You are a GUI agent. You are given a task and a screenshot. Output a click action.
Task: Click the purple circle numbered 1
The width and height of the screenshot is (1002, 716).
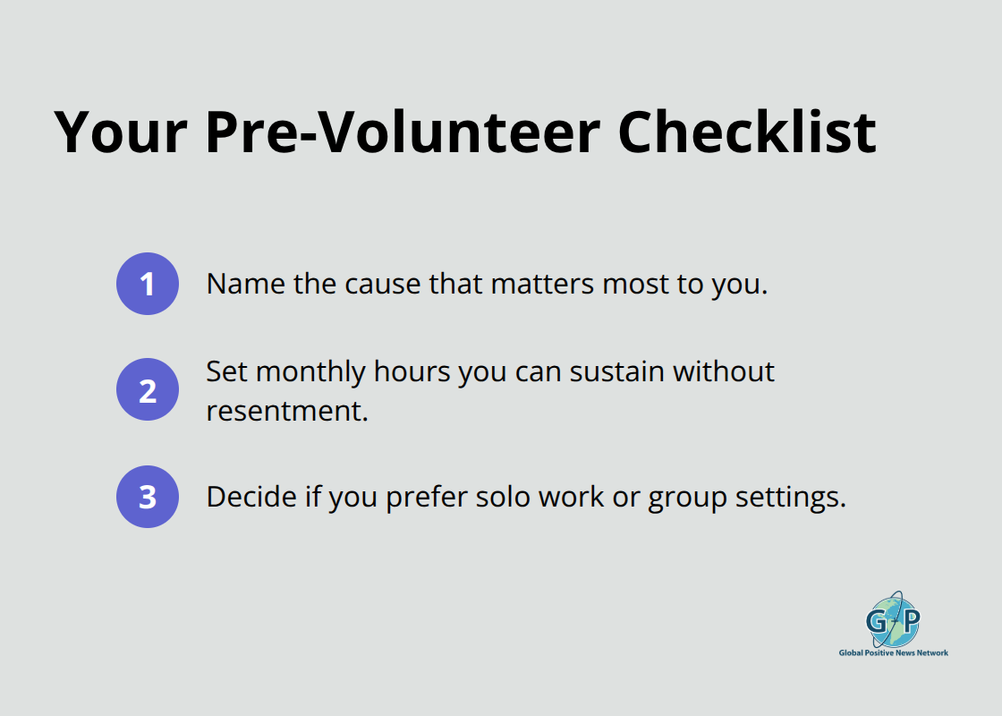(148, 284)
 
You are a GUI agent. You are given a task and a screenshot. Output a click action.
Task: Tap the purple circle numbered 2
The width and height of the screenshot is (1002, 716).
(148, 389)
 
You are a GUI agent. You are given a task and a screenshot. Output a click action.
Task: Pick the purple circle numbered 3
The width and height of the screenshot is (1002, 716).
(148, 497)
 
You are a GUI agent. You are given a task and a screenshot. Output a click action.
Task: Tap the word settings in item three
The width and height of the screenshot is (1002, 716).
(790, 498)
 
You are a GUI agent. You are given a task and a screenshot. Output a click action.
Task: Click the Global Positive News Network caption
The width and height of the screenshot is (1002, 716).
(893, 653)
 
